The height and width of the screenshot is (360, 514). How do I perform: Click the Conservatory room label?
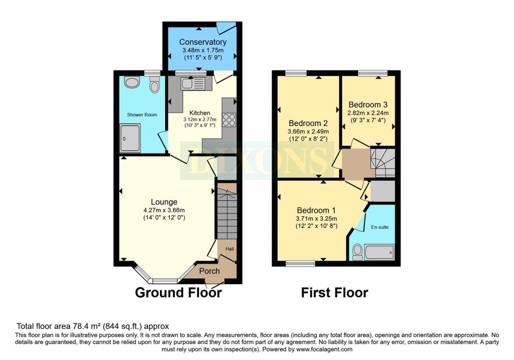(203, 42)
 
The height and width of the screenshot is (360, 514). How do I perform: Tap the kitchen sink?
(193, 83)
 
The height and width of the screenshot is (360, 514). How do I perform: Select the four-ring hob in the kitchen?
(229, 119)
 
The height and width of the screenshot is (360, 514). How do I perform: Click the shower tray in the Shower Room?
(130, 138)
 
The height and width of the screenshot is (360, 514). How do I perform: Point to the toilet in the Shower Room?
(154, 85)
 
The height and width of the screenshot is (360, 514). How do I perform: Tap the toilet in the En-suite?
(357, 252)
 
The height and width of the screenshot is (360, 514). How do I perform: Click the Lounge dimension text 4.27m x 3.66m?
(164, 210)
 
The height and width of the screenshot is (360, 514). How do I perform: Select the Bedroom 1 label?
(316, 210)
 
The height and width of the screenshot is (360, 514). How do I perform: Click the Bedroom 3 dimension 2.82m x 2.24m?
(368, 113)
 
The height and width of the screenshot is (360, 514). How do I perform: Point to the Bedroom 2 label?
(308, 124)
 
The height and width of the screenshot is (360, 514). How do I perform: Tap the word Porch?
(209, 271)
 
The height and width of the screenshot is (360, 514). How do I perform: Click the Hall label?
(229, 249)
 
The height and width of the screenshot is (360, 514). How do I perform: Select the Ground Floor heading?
(178, 292)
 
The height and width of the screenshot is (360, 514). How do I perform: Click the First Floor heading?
(334, 292)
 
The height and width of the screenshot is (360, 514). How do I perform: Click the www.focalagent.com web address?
(324, 349)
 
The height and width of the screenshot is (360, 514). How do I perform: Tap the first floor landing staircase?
(382, 163)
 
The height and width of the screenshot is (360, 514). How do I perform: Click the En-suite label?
(379, 227)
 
